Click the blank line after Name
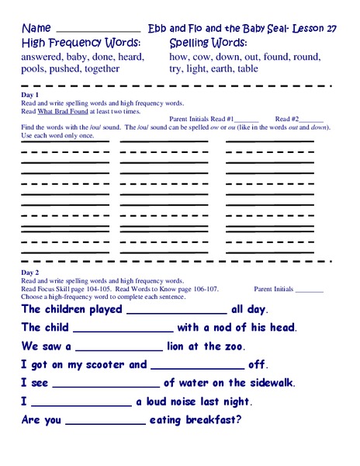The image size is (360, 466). pyautogui.click(x=99, y=30)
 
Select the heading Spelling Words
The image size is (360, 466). pyautogui.click(x=209, y=42)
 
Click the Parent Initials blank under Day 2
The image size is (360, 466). pyautogui.click(x=310, y=289)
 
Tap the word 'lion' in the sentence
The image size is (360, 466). pyautogui.click(x=180, y=346)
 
